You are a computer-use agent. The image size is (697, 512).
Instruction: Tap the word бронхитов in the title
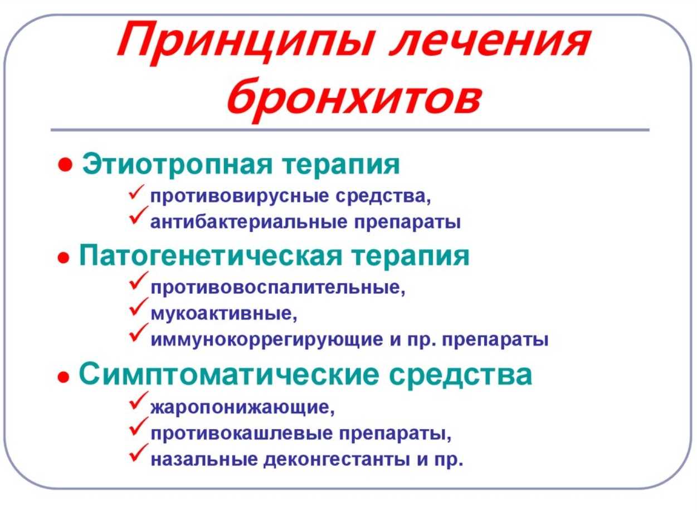point(353,97)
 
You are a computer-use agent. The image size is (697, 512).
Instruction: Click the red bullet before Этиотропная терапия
point(66,165)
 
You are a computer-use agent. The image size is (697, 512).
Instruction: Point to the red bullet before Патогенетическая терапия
point(63,258)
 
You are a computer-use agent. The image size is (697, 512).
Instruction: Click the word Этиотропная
point(178,165)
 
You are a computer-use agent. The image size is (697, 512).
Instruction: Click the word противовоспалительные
point(278,288)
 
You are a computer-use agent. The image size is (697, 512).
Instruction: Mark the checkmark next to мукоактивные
point(138,307)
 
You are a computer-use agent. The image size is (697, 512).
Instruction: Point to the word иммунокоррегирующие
point(267,340)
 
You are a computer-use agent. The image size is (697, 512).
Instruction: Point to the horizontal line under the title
point(350,130)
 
